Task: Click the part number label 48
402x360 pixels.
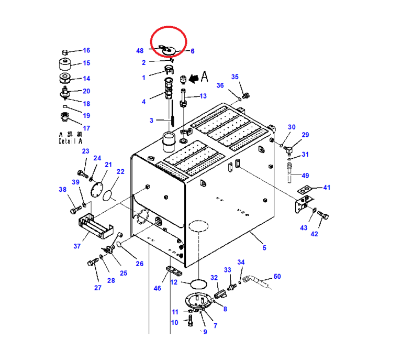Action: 139,51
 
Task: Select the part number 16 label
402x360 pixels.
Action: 86,50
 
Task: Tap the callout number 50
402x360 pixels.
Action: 277,276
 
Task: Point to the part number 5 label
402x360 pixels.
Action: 264,248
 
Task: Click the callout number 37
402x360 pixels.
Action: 76,246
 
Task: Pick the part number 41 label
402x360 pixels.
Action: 327,187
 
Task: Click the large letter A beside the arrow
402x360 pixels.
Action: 203,78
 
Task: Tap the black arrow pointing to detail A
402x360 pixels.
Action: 192,79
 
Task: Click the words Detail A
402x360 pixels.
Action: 71,141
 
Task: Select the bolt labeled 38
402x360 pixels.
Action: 74,210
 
